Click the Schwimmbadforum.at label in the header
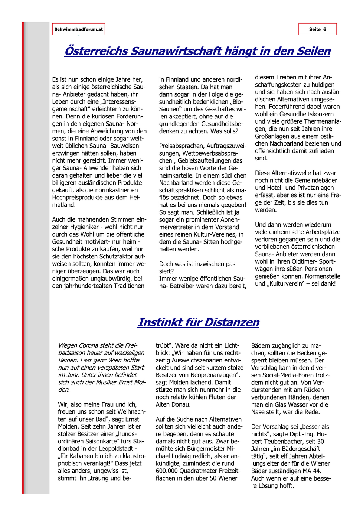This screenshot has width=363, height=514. click(x=78, y=29)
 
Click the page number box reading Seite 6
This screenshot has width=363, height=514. click(x=317, y=29)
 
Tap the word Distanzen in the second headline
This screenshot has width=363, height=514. click(x=232, y=322)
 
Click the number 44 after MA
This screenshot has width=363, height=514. click(x=317, y=471)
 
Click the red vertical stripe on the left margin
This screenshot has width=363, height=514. click(x=23, y=260)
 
